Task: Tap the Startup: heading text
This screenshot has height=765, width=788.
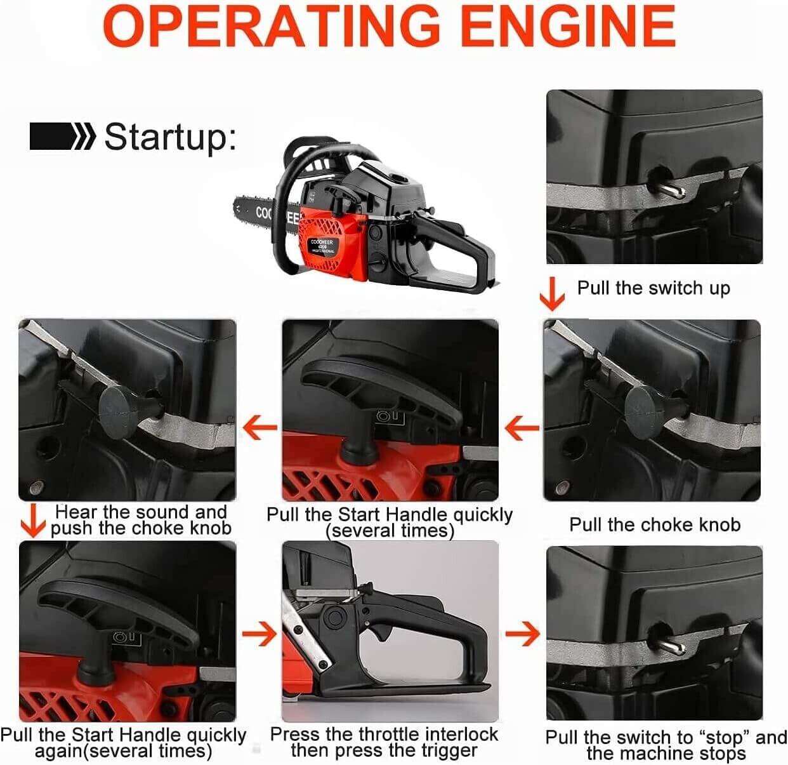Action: point(170,136)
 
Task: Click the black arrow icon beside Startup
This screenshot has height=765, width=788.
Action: point(62,136)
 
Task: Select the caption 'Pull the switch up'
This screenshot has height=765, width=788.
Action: point(653,288)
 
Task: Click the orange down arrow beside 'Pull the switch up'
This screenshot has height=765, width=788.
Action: point(553,293)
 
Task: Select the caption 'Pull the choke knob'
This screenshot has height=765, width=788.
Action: point(655,525)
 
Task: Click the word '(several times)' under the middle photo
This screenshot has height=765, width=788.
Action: point(390,531)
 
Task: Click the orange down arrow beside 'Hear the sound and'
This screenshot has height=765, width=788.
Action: point(32,520)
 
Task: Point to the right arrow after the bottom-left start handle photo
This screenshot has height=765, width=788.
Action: point(259,634)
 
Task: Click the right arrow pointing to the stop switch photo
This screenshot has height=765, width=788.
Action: point(522,634)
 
